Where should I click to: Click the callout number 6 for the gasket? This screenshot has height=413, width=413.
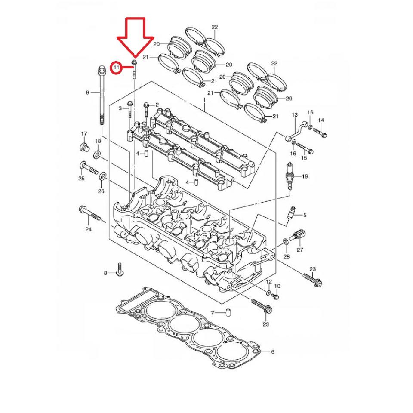(x=272, y=352)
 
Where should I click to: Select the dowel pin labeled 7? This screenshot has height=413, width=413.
(x=228, y=313)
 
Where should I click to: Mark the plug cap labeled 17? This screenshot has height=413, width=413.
(x=84, y=148)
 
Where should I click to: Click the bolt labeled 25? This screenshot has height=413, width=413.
(x=87, y=167)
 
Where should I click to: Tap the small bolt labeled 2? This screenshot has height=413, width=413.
(x=147, y=105)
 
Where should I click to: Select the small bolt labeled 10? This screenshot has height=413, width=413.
(x=276, y=296)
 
